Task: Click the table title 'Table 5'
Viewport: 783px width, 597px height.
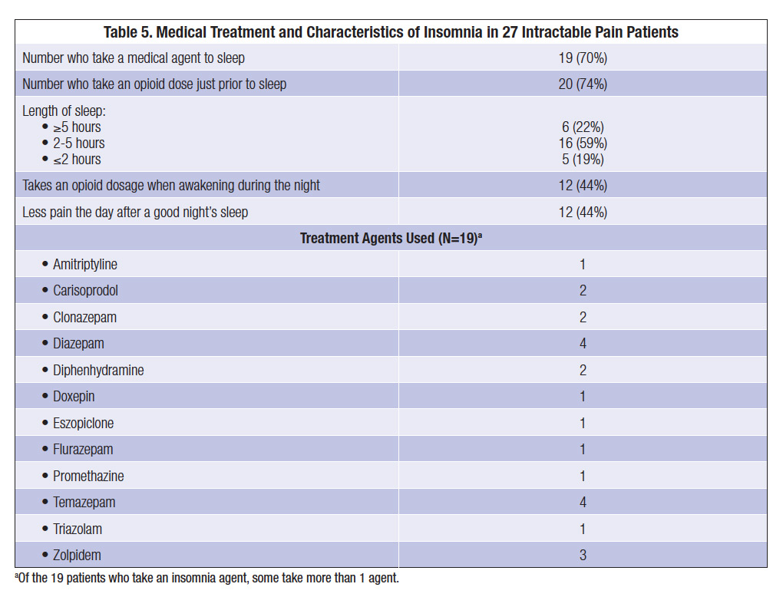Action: click(391, 32)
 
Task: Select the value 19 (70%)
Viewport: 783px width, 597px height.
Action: click(583, 58)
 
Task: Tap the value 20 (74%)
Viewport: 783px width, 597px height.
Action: click(583, 84)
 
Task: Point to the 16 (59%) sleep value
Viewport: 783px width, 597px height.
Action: click(583, 143)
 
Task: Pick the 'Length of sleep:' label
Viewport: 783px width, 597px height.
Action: click(64, 111)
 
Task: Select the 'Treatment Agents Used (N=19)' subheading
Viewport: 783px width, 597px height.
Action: click(391, 238)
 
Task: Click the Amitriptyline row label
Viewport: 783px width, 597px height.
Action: click(84, 265)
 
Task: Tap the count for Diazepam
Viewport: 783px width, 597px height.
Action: click(583, 344)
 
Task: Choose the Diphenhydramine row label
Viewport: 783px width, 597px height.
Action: click(97, 371)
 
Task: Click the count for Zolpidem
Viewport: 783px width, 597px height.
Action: click(583, 555)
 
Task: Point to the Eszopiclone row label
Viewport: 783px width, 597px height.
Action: click(83, 424)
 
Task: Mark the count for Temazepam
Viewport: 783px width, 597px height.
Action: click(583, 503)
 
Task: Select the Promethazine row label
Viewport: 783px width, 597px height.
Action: click(88, 477)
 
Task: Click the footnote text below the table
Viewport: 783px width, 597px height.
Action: click(206, 578)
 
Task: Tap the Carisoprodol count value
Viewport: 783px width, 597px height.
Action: click(583, 291)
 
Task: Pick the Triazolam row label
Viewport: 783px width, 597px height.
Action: click(77, 529)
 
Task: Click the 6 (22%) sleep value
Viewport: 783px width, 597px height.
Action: click(583, 127)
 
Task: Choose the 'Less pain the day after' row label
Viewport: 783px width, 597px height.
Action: click(135, 212)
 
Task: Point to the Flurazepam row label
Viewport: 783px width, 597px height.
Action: click(82, 450)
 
